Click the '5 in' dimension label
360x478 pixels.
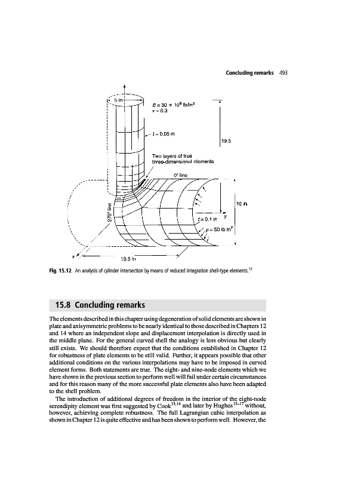tap(119, 100)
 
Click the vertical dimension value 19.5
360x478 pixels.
tap(226, 142)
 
